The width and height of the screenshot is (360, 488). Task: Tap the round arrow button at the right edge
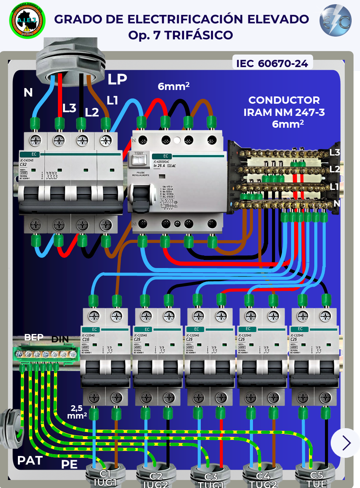coord(346,443)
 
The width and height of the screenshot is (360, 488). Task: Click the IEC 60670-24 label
coord(272,63)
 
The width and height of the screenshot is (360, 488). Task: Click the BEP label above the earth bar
coord(34,337)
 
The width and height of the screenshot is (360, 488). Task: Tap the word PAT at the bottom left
coord(30,460)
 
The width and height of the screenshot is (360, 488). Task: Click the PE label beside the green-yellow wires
coord(69,464)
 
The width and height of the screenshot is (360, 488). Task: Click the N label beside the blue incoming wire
coord(28,93)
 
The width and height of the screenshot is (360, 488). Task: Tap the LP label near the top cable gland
coord(117,80)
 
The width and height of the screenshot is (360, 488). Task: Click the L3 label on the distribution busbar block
coord(335,152)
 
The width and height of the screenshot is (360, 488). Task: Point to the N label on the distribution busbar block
coord(336,204)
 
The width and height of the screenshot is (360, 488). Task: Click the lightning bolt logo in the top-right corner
coord(335,21)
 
